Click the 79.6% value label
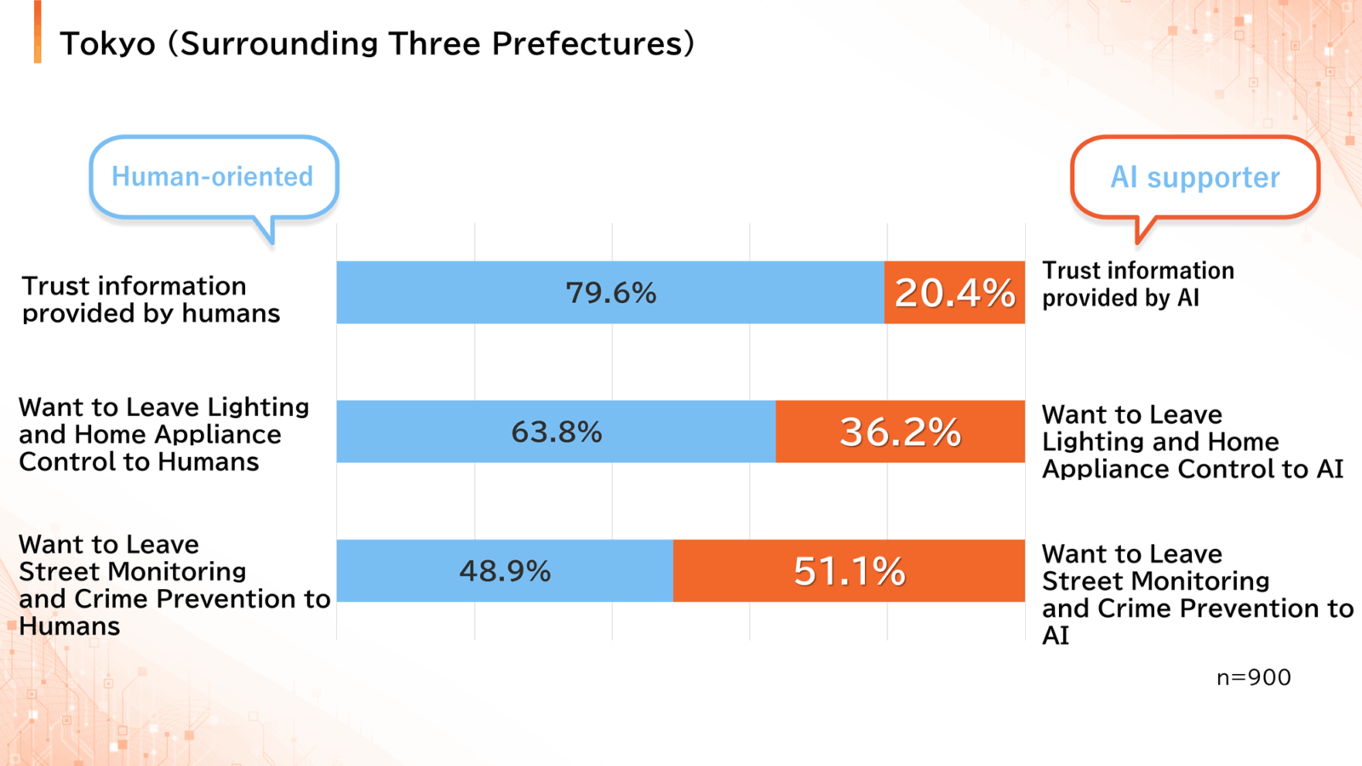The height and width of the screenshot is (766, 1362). (x=611, y=293)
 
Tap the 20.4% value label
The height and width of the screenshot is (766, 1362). (x=954, y=293)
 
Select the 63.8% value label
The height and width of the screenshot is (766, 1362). (x=557, y=432)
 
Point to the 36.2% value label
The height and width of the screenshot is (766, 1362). (x=901, y=432)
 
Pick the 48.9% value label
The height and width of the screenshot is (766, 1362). (x=505, y=571)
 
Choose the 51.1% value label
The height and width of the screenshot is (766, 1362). (x=850, y=571)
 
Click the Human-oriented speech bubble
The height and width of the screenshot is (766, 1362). (x=214, y=176)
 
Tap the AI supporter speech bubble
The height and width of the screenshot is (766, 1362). (x=1195, y=177)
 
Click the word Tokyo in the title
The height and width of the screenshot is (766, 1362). (x=107, y=44)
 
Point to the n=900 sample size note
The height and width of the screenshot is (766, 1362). (x=1253, y=677)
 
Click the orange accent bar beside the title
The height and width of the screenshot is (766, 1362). (x=37, y=31)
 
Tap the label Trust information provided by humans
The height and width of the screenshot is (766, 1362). (x=151, y=299)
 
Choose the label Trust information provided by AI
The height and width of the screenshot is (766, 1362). (x=1138, y=284)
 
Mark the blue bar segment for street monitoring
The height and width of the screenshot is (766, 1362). (x=505, y=571)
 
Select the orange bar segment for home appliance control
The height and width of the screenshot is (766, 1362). (x=901, y=432)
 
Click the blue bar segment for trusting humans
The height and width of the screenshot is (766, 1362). (x=610, y=293)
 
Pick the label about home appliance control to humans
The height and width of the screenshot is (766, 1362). (x=164, y=434)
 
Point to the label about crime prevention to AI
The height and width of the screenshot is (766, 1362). (x=1198, y=595)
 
